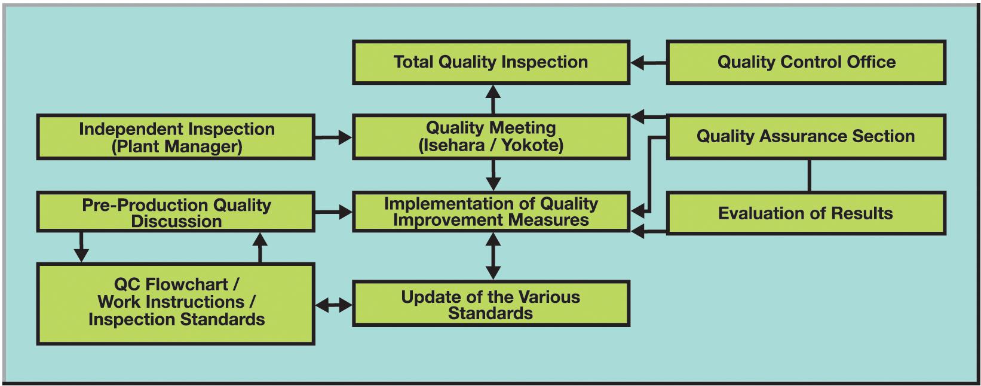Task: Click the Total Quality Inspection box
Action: click(x=491, y=62)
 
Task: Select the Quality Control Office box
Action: click(x=806, y=62)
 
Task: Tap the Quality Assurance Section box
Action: click(x=806, y=137)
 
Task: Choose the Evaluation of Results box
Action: click(x=806, y=213)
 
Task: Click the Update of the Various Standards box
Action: click(x=491, y=304)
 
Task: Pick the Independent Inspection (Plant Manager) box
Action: click(x=176, y=137)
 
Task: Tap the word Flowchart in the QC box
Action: click(x=186, y=284)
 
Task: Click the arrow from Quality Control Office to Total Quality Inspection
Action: click(x=649, y=63)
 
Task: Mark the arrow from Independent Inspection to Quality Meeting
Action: click(x=333, y=137)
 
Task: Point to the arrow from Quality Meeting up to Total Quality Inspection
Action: click(x=493, y=99)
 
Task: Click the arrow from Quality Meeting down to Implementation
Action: click(x=493, y=175)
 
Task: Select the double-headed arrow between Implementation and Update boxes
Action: click(x=493, y=256)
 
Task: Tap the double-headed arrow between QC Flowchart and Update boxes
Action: click(x=333, y=305)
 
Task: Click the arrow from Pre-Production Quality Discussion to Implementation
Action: click(x=333, y=213)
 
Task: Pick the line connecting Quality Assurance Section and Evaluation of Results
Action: click(x=809, y=175)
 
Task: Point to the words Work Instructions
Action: click(x=171, y=302)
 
